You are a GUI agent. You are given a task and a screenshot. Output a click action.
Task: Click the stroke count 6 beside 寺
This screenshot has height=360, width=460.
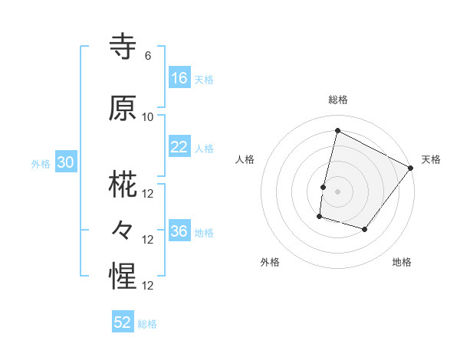148,56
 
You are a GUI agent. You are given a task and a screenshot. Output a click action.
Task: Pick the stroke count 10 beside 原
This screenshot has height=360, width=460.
148,117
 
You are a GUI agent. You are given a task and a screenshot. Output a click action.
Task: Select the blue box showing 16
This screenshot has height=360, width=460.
179,78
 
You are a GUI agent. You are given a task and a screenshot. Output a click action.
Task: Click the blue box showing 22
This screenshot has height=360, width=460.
179,147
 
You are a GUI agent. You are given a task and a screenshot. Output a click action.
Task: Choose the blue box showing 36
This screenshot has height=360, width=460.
179,231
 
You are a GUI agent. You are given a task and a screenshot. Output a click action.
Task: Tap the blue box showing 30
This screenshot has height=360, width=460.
65,162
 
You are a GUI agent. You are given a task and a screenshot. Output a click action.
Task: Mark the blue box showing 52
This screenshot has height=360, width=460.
123,322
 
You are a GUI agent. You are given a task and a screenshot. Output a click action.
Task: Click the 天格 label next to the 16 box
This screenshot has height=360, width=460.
204,79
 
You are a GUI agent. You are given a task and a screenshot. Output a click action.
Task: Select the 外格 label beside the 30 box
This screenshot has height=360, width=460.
41,163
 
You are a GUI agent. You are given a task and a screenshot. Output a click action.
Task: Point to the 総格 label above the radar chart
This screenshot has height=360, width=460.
337,100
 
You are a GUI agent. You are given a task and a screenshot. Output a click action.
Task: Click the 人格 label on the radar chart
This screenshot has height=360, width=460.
245,159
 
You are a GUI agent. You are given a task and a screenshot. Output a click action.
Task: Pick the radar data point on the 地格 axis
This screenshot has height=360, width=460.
365,229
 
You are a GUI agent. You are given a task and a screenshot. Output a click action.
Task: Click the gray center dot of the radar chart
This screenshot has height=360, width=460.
337,191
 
